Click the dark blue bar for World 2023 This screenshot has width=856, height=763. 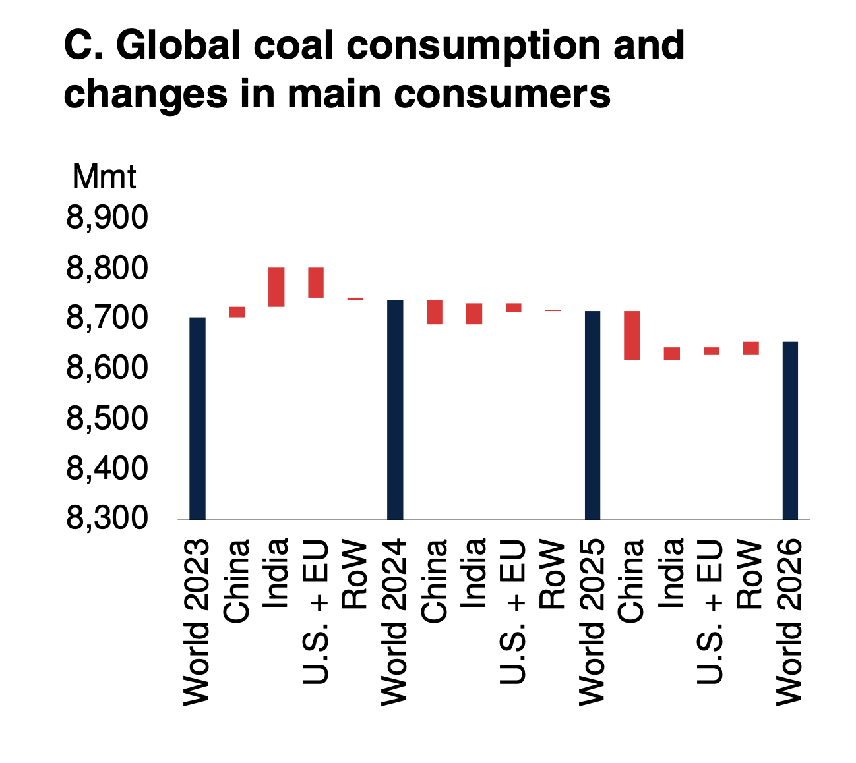[x=197, y=418]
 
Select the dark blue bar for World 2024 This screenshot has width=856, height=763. [x=395, y=409]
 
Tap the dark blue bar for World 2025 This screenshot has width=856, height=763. [x=592, y=414]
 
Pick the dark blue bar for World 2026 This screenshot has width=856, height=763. [x=790, y=430]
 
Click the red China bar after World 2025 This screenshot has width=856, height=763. [x=632, y=335]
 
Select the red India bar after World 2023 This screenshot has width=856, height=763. [x=276, y=287]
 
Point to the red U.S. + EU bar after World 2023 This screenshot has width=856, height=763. [x=316, y=282]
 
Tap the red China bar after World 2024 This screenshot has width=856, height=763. [x=435, y=312]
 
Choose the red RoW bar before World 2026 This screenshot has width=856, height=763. [x=750, y=348]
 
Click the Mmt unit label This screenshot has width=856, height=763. [x=104, y=177]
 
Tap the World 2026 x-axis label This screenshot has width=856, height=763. [x=789, y=622]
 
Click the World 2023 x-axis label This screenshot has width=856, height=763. [x=197, y=622]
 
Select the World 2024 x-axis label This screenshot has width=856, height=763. [x=394, y=622]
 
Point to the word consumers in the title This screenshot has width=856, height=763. [x=503, y=94]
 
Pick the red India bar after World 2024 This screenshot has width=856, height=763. [x=474, y=314]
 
